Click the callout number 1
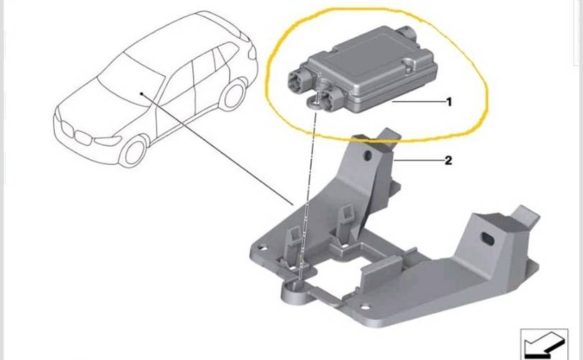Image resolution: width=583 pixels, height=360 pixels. tap(449, 102)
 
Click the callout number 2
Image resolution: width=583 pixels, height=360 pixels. tap(448, 161)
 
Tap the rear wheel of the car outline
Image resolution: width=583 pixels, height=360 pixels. tap(234, 94)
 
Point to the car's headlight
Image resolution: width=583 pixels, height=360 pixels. tap(107, 141)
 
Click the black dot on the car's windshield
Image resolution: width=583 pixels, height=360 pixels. tap(142, 94)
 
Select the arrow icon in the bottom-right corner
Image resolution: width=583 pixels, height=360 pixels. tap(544, 344)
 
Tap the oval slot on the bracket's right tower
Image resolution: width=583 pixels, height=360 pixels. tap(488, 239)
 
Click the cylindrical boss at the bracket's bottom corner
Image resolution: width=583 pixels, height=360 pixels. tap(294, 291)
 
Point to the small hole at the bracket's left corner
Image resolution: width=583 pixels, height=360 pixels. tap(263, 247)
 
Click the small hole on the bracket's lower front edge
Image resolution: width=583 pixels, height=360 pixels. tap(366, 307)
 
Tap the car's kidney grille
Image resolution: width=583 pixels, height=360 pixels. tap(76, 132)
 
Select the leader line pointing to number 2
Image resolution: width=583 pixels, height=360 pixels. tap(418, 161)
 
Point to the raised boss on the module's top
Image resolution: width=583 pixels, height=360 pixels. tap(409, 64)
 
